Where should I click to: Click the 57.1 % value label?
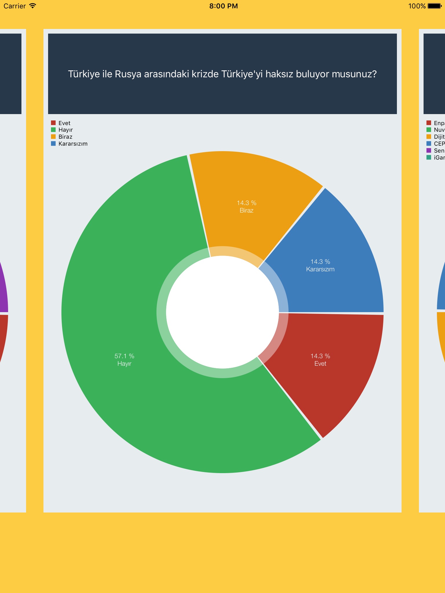pos(124,356)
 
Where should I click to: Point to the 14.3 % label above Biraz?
pos(247,203)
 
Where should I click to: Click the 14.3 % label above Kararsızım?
pos(320,261)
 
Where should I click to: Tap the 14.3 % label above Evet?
pos(320,356)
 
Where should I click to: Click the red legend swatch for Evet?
pos(53,123)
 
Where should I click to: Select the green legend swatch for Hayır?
pos(53,130)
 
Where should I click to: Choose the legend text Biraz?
pos(65,137)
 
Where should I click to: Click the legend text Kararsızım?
pos(73,144)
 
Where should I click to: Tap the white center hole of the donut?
pos(222,312)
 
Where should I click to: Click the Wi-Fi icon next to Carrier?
pos(33,6)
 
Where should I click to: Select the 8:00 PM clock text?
pos(223,6)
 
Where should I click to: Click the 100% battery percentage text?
pos(417,6)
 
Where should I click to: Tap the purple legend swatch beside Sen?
pos(429,150)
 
